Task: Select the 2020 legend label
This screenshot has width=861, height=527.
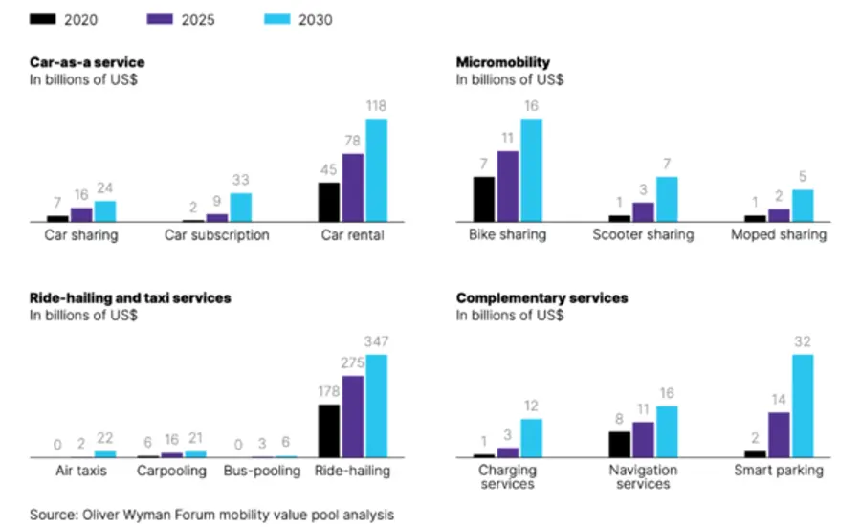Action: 80,19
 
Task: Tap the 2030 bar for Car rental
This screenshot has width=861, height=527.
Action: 377,170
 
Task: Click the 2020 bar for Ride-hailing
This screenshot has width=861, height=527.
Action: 329,430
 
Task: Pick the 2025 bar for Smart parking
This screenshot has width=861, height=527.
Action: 779,434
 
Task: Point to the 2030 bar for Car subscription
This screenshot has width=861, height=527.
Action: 241,208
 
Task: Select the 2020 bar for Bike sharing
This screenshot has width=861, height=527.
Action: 484,199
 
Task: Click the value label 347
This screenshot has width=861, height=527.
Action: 377,342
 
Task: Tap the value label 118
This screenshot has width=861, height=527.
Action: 377,106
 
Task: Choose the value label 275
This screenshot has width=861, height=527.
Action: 353,363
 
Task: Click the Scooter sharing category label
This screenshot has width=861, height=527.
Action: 643,235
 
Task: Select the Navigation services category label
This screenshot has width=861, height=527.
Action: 643,477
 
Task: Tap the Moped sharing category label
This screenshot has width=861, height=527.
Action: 779,235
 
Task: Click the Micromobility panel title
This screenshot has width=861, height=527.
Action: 503,62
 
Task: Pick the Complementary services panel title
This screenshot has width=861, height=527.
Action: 542,298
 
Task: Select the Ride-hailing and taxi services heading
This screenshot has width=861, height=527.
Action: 130,298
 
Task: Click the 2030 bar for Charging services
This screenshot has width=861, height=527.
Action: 531,438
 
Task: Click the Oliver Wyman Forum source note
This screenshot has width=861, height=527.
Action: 210,515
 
